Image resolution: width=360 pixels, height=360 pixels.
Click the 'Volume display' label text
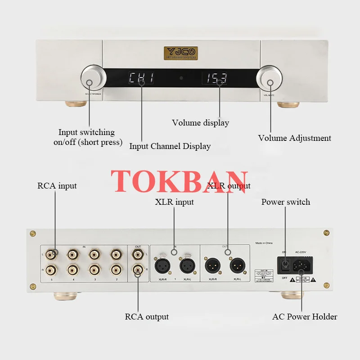pos(200,122)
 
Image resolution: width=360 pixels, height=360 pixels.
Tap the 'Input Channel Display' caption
pos(170,146)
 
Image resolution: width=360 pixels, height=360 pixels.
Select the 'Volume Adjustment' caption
pos(294,138)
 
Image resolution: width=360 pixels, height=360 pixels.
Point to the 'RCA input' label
pos(57,185)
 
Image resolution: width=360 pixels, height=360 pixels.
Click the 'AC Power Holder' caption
pos(305,316)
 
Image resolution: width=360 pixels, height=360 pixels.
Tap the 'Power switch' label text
pos(285,202)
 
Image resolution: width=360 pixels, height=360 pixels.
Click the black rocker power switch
pos(284,265)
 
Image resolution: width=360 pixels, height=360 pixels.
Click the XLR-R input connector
pos(162,266)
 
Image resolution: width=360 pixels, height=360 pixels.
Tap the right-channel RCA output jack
pos(137,270)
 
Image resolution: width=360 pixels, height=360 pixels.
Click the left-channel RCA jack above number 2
pos(116,255)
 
